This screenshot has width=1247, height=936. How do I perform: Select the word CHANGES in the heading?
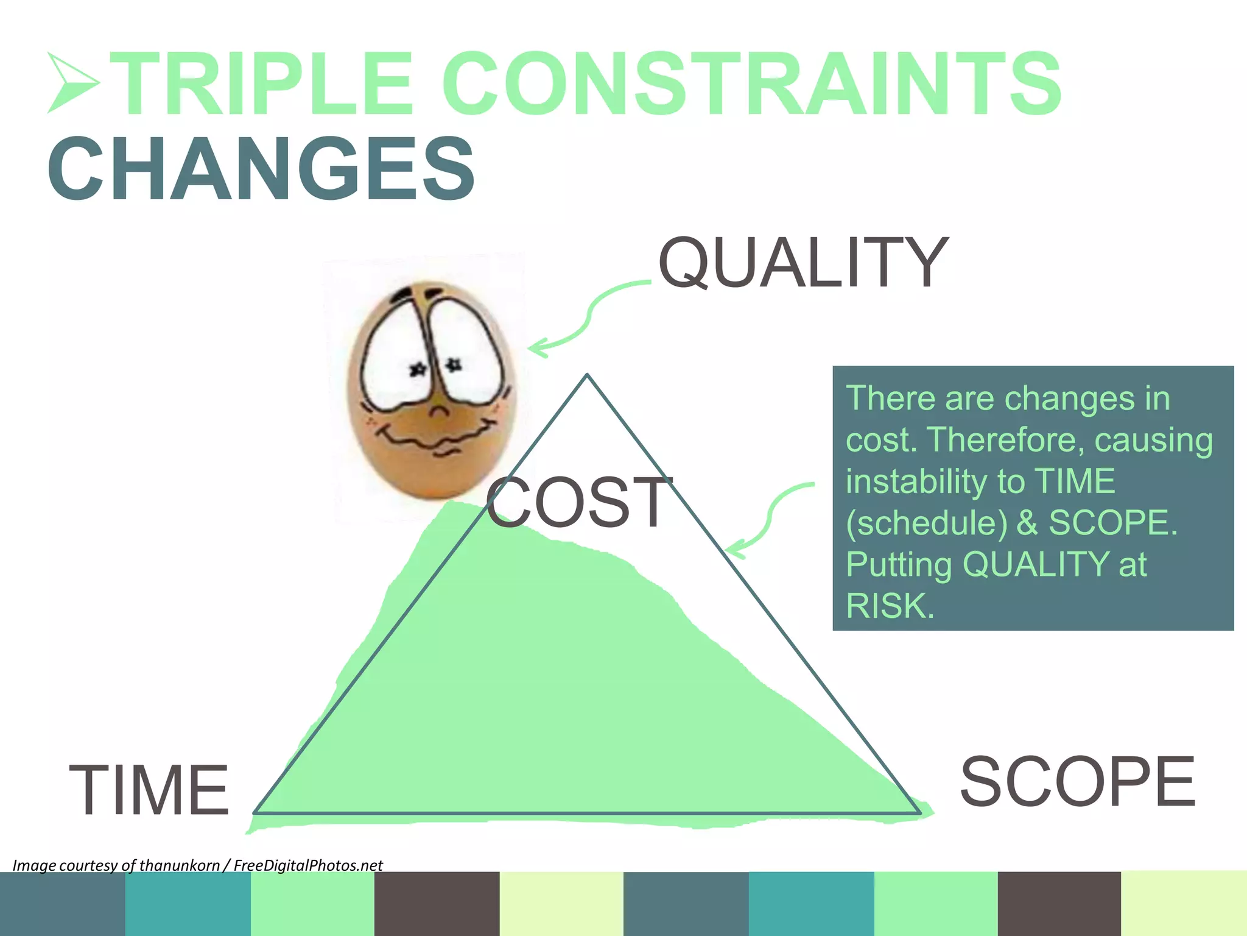click(x=261, y=169)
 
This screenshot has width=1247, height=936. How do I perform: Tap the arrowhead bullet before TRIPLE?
click(x=72, y=83)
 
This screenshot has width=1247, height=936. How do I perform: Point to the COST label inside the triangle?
click(x=579, y=502)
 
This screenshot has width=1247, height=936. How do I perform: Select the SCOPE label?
click(x=1077, y=781)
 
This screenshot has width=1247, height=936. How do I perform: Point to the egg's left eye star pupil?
click(x=418, y=369)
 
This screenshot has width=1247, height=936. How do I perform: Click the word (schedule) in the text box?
click(x=926, y=523)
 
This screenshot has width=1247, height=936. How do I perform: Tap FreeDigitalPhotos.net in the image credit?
click(x=308, y=865)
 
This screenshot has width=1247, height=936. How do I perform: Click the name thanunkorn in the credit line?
click(x=179, y=865)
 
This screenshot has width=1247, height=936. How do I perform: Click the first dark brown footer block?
click(x=437, y=904)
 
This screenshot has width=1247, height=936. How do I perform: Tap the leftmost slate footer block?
click(x=62, y=904)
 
